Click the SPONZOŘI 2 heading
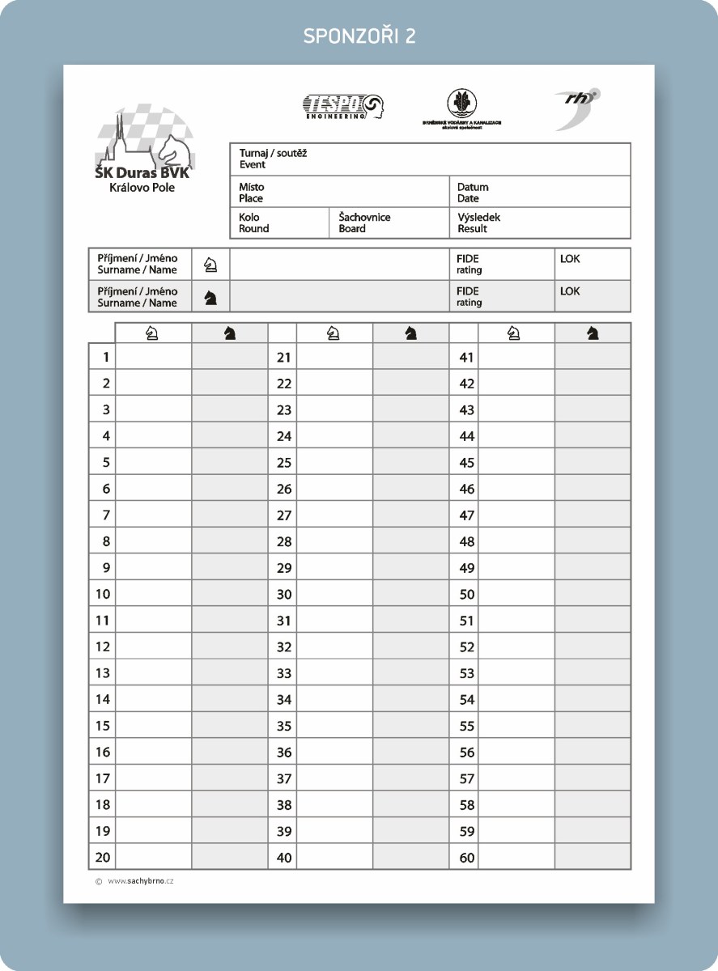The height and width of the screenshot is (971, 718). [x=359, y=36]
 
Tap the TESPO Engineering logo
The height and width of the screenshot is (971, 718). [x=343, y=106]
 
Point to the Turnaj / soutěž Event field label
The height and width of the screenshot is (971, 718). [x=273, y=159]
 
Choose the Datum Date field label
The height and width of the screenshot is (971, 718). [x=473, y=193]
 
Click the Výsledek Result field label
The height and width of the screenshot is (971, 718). [x=478, y=223]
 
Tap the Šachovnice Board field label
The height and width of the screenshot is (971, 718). [x=364, y=223]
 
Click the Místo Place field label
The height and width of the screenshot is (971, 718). [x=251, y=193]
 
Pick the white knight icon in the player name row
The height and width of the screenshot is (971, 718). [x=210, y=265]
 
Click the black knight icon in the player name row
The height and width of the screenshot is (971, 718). [x=210, y=297]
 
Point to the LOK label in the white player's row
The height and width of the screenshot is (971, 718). [x=570, y=260]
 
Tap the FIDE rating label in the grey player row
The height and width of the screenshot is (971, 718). [x=469, y=297]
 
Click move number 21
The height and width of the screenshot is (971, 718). [x=283, y=357]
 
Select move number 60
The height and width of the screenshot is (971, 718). [x=466, y=858]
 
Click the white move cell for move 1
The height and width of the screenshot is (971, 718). [x=153, y=357]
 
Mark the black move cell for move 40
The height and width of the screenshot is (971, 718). [x=410, y=858]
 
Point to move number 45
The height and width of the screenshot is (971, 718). [x=466, y=463]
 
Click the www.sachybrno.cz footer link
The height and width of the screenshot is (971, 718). [x=140, y=881]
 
